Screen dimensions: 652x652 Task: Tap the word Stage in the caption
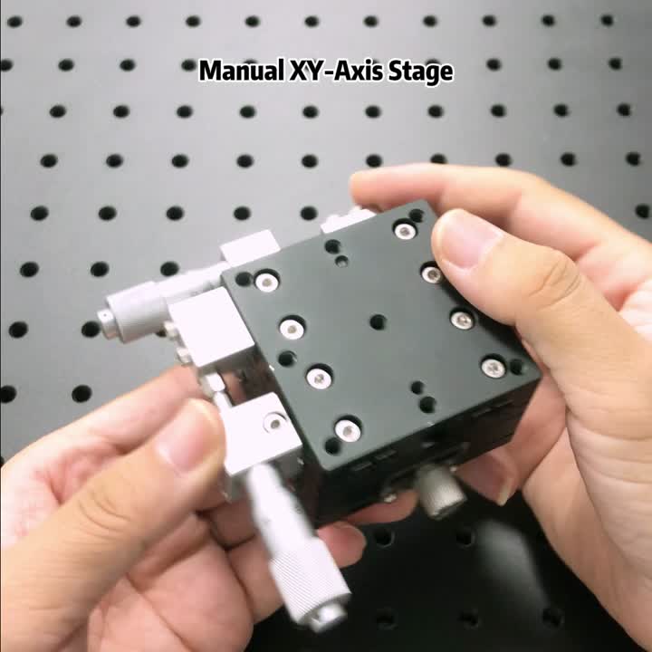click(420, 72)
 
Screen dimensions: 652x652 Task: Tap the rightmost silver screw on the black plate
click(494, 367)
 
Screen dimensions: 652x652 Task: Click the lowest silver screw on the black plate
click(347, 429)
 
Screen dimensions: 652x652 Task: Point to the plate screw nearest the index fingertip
click(405, 231)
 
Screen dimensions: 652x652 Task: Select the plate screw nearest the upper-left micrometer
click(266, 282)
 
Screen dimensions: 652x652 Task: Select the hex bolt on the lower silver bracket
click(273, 422)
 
